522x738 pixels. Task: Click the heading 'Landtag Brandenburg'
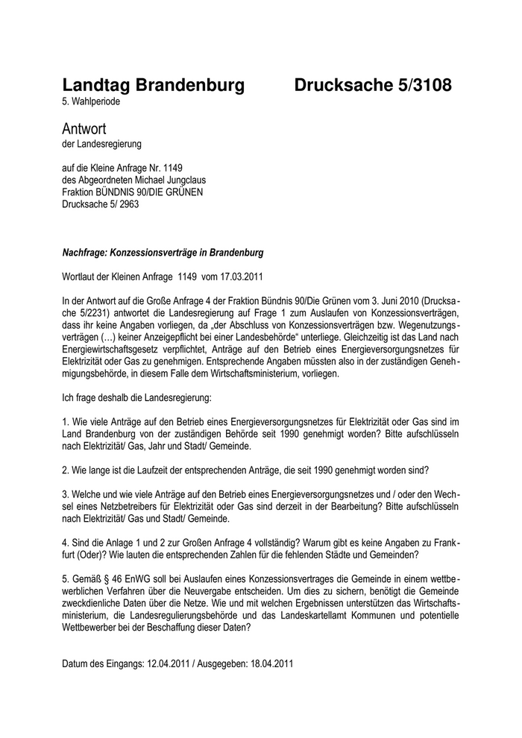[153, 86]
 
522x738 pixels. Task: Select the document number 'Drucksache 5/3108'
[373, 86]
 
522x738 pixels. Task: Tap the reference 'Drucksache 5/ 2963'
[98, 203]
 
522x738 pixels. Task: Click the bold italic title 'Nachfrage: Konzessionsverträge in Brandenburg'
[163, 253]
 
